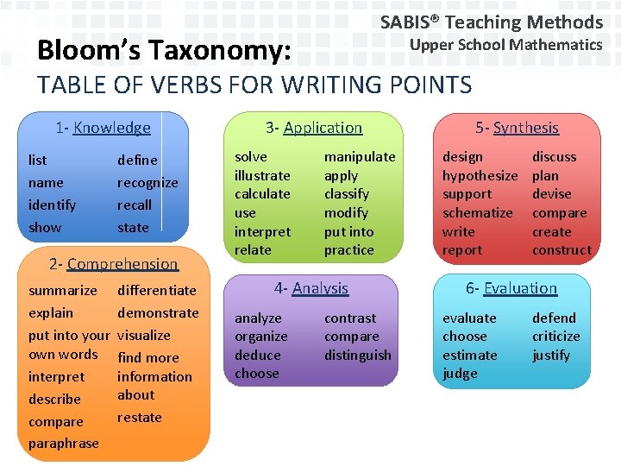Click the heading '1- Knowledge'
pyautogui.click(x=103, y=128)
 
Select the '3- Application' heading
pyautogui.click(x=314, y=128)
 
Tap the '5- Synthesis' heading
pyautogui.click(x=517, y=128)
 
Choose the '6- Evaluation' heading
pyautogui.click(x=511, y=288)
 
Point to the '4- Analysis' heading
pyautogui.click(x=310, y=288)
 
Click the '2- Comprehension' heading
pyautogui.click(x=113, y=264)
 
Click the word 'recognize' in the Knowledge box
pyautogui.click(x=147, y=183)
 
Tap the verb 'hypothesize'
pyautogui.click(x=480, y=176)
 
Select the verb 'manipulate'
pyautogui.click(x=359, y=157)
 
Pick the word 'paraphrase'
pyautogui.click(x=64, y=444)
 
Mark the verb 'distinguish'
pyautogui.click(x=357, y=356)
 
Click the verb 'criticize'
pyautogui.click(x=555, y=337)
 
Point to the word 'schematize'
pyautogui.click(x=477, y=213)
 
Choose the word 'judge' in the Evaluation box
pyautogui.click(x=460, y=374)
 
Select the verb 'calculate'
pyautogui.click(x=262, y=194)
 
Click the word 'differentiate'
pyautogui.click(x=156, y=291)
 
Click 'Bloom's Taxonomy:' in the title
pyautogui.click(x=163, y=52)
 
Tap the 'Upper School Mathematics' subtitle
pyautogui.click(x=505, y=45)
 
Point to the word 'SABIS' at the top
pyautogui.click(x=410, y=22)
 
